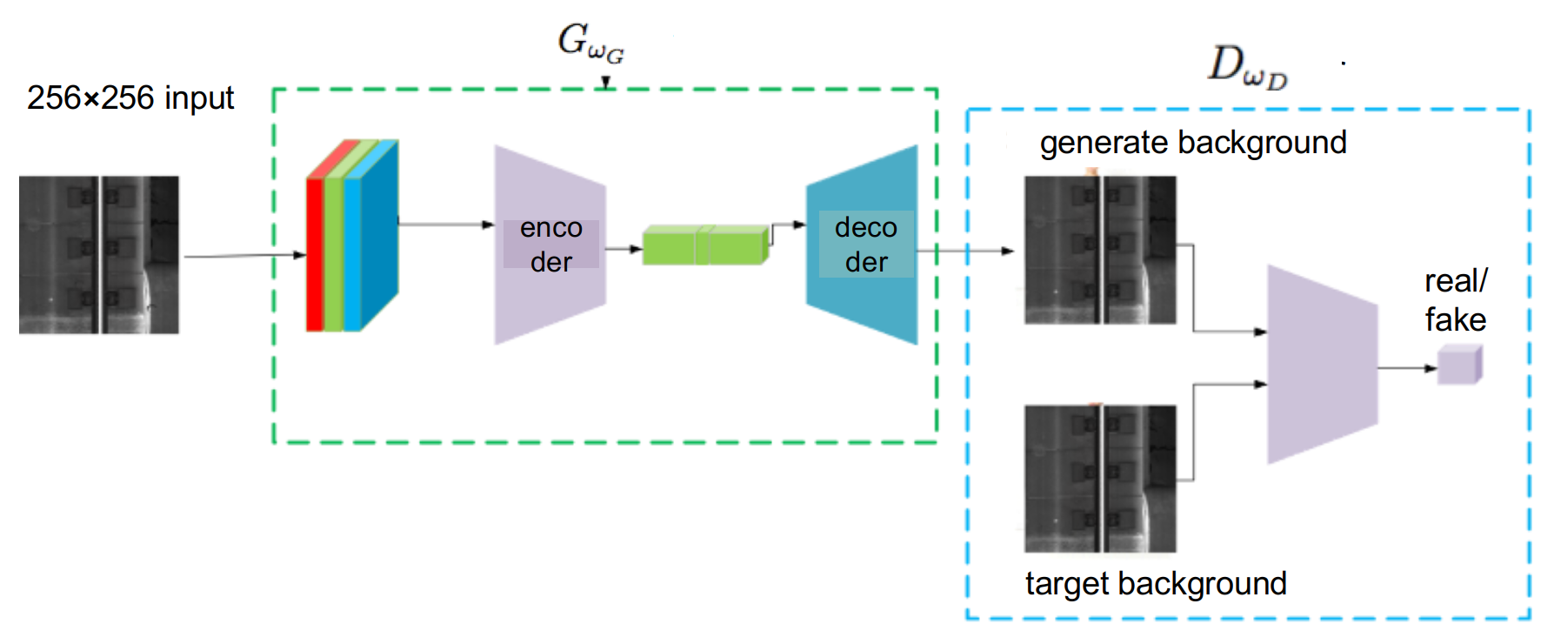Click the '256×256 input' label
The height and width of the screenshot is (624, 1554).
point(130,98)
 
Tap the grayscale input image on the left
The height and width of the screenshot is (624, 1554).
point(103,254)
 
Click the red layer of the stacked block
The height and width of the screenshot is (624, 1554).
point(314,252)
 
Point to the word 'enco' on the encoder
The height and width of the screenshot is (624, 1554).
point(550,228)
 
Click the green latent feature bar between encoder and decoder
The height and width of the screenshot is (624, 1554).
point(704,245)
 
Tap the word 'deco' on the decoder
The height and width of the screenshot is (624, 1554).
point(865,228)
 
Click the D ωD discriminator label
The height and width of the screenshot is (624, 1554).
point(1247,68)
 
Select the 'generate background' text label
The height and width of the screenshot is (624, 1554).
point(1192,143)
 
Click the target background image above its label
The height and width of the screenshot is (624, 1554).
point(1096,478)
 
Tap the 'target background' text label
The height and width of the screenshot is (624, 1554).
point(1155,583)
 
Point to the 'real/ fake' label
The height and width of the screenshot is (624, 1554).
point(1455,300)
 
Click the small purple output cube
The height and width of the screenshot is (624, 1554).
point(1458,365)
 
